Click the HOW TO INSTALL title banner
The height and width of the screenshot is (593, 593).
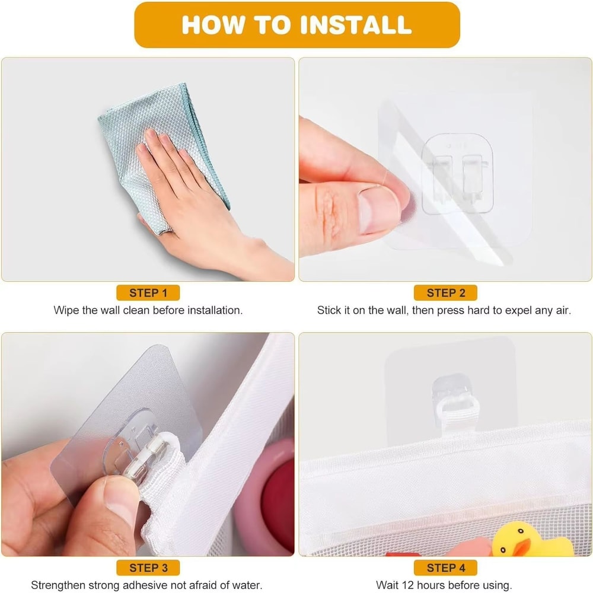[297, 25]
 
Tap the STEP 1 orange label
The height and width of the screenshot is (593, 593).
[148, 293]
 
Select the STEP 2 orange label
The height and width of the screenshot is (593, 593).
[445, 293]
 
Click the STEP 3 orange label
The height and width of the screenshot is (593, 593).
[148, 568]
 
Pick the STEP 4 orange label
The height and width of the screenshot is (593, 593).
[445, 568]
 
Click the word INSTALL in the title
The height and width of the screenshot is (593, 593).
[355, 25]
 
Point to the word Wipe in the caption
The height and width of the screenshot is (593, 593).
[66, 311]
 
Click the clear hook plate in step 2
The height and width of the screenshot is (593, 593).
[458, 174]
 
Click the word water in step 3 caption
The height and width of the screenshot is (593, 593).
[246, 585]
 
